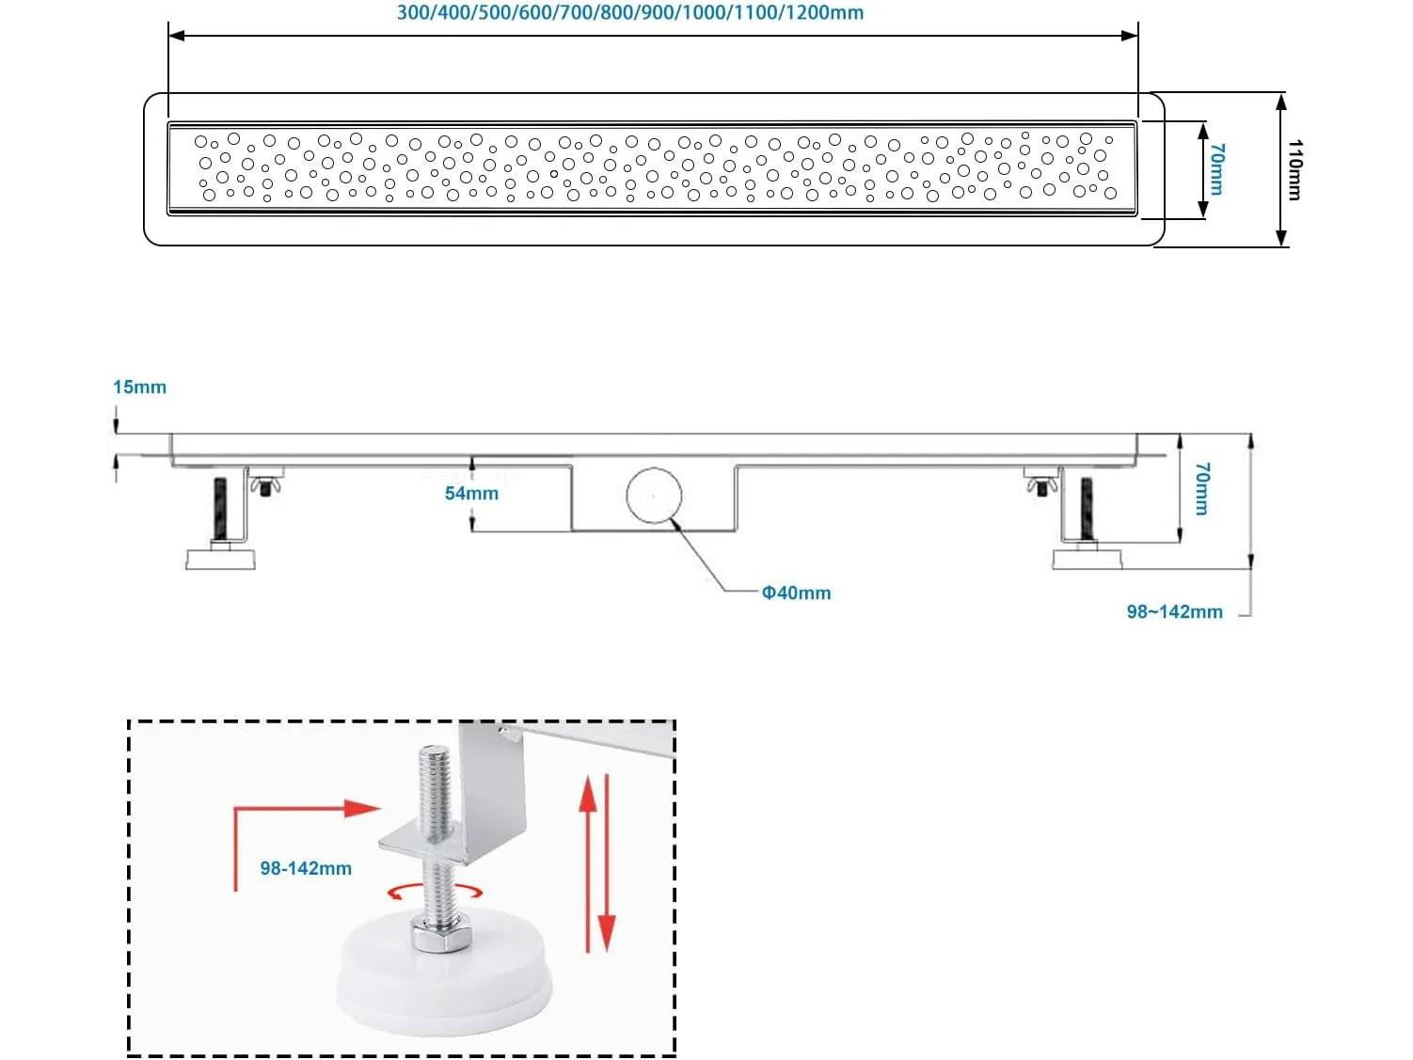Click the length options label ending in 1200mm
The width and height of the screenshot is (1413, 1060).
(629, 13)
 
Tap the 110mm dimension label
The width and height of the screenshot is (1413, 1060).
(1294, 169)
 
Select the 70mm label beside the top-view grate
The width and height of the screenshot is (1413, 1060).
(1216, 169)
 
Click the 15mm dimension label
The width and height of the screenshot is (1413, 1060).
(139, 387)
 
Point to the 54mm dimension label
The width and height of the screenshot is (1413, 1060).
(471, 493)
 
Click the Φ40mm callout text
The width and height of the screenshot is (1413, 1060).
(796, 593)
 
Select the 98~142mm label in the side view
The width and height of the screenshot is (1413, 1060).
(1174, 611)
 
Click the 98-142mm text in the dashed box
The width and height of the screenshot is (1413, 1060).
(306, 868)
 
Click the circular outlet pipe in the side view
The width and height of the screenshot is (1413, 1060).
(654, 495)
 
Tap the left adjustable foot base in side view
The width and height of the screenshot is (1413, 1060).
(220, 559)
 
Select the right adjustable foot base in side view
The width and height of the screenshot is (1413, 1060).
(1087, 559)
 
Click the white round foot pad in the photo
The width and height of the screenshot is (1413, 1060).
(444, 978)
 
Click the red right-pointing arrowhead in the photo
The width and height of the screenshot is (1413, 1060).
(361, 808)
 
